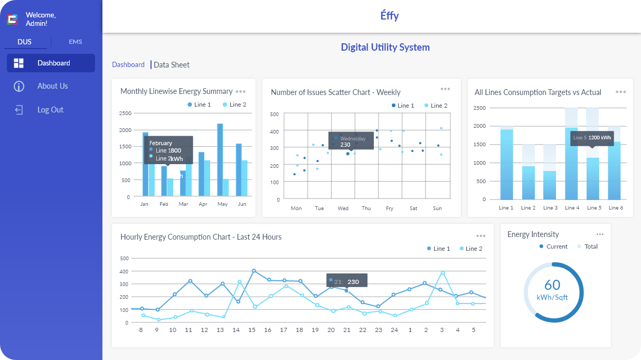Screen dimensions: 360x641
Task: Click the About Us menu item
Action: click(52, 86)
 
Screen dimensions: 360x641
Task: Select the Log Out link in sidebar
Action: click(50, 110)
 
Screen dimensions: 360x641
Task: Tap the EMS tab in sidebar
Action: click(76, 42)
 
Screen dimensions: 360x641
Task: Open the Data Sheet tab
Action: click(171, 65)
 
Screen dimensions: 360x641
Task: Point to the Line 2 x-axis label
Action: click(528, 208)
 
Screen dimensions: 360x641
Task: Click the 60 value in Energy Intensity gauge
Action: click(552, 285)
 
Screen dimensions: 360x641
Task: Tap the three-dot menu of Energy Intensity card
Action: click(600, 234)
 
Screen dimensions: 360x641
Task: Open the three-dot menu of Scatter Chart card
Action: click(445, 89)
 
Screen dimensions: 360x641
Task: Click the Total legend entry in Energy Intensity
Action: click(587, 247)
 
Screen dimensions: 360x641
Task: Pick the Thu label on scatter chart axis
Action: click(366, 209)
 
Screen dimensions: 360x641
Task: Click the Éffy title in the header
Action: click(390, 16)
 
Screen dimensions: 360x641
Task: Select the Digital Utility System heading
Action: click(385, 47)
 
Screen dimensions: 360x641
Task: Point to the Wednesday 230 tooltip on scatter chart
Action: click(351, 141)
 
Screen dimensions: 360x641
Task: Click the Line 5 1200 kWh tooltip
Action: click(592, 138)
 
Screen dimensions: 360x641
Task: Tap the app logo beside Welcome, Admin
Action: click(12, 20)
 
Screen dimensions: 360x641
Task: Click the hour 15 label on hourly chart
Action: click(252, 330)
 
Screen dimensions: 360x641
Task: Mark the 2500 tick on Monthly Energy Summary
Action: click(125, 113)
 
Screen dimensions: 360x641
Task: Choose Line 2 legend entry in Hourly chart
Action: click(470, 249)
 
